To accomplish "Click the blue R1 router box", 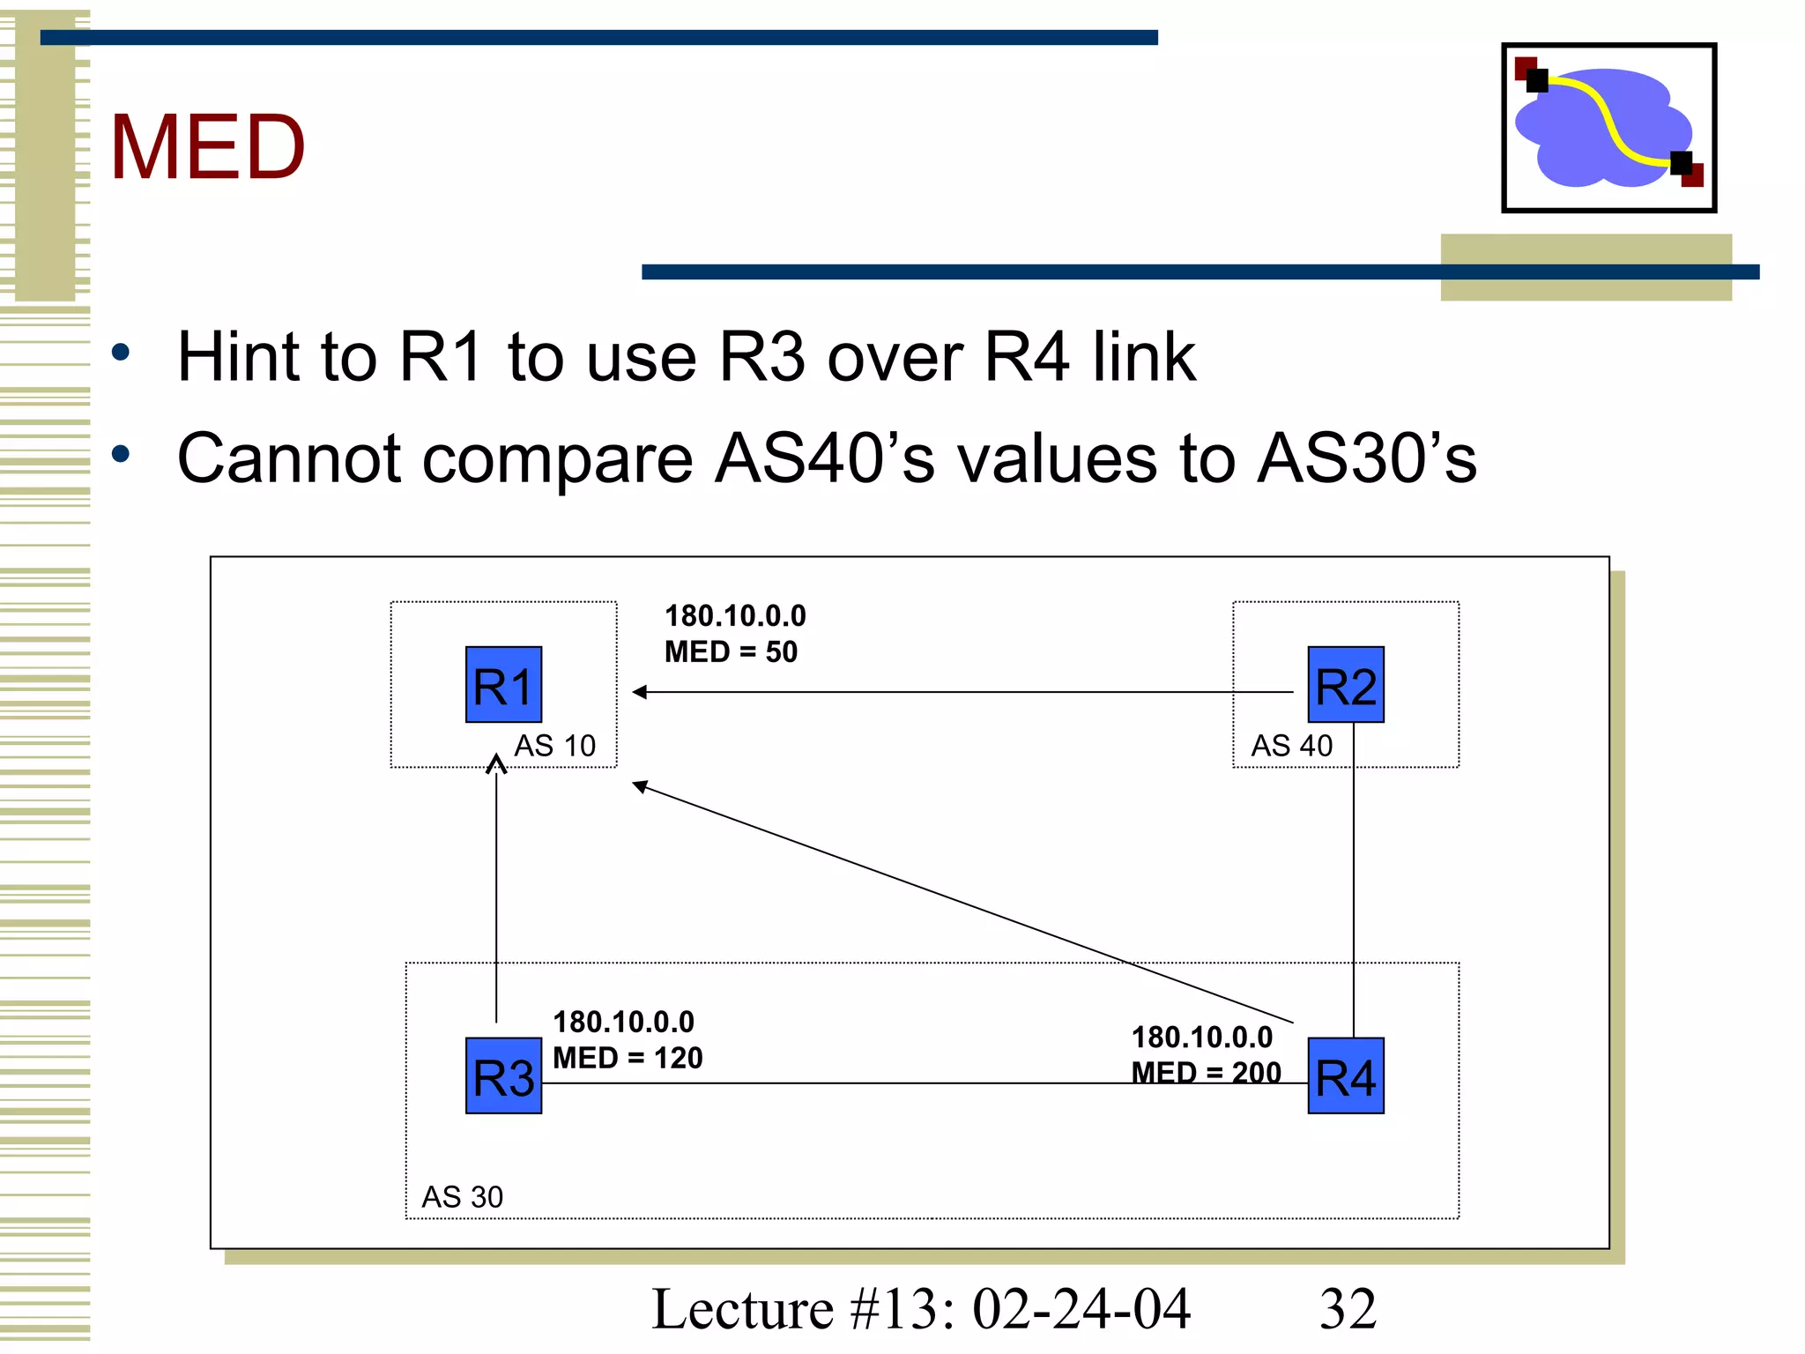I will pos(503,685).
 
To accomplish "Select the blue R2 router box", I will pos(1345,685).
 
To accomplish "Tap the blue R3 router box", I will pos(503,1075).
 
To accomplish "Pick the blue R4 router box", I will pos(1345,1075).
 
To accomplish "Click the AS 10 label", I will pos(554,746).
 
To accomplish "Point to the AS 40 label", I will pos(1291,746).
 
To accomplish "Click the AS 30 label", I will pos(462,1196).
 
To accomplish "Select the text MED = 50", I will pos(731,651).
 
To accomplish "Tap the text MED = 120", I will pos(628,1058).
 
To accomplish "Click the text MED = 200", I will pos(1206,1072).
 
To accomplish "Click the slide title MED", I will pos(207,147).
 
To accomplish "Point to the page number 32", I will pos(1347,1308).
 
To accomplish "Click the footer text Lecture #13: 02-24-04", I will pos(921,1308).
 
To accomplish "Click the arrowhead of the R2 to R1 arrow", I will pos(639,692).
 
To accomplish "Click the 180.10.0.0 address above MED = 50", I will pos(735,615).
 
